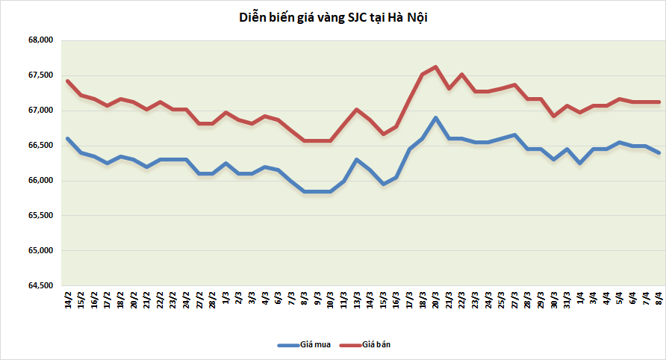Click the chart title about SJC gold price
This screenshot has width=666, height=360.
(x=333, y=17)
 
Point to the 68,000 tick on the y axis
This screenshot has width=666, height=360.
(x=40, y=40)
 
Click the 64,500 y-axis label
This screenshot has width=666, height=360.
(x=40, y=286)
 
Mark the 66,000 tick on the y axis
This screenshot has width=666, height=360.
(x=40, y=181)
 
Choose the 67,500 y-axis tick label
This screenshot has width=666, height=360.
(x=40, y=75)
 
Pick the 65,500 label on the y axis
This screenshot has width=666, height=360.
(x=40, y=216)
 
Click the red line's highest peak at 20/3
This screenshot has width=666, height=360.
(x=436, y=66)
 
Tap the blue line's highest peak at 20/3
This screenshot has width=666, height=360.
(x=436, y=118)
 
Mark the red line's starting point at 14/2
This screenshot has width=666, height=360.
(x=68, y=81)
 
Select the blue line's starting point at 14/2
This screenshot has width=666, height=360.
(x=68, y=138)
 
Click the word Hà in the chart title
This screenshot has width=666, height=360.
(x=395, y=17)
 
